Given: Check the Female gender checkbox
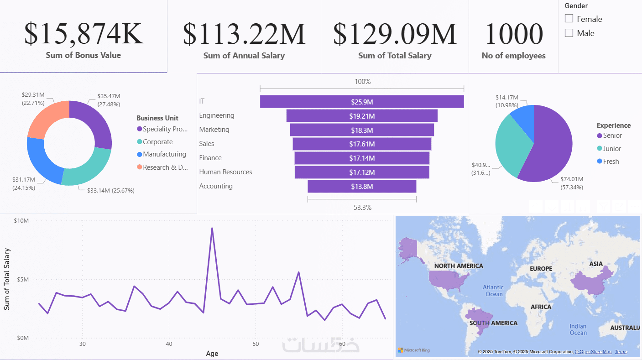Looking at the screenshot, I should pyautogui.click(x=569, y=19).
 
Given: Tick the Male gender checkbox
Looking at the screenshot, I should pyautogui.click(x=569, y=33).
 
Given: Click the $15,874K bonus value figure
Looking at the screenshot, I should pyautogui.click(x=84, y=33).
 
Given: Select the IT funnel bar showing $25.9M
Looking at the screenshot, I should pyautogui.click(x=362, y=102).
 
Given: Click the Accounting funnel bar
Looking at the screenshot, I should pyautogui.click(x=362, y=186).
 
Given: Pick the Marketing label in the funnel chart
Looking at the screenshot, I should pyautogui.click(x=214, y=130).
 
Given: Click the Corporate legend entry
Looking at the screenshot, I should pyautogui.click(x=157, y=142).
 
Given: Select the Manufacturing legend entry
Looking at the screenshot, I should pyautogui.click(x=164, y=154).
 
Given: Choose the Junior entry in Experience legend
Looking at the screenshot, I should pyautogui.click(x=612, y=148).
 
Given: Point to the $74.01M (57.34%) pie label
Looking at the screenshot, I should pyautogui.click(x=572, y=183).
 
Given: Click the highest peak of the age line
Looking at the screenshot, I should pyautogui.click(x=212, y=228).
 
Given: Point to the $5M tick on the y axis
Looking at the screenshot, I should pyautogui.click(x=22, y=279).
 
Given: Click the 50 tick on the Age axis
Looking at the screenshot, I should pyautogui.click(x=256, y=344).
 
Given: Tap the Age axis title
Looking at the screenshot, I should pyautogui.click(x=212, y=353).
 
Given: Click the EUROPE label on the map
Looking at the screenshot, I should pyautogui.click(x=541, y=269).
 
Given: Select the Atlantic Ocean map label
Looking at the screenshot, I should pyautogui.click(x=493, y=291).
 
